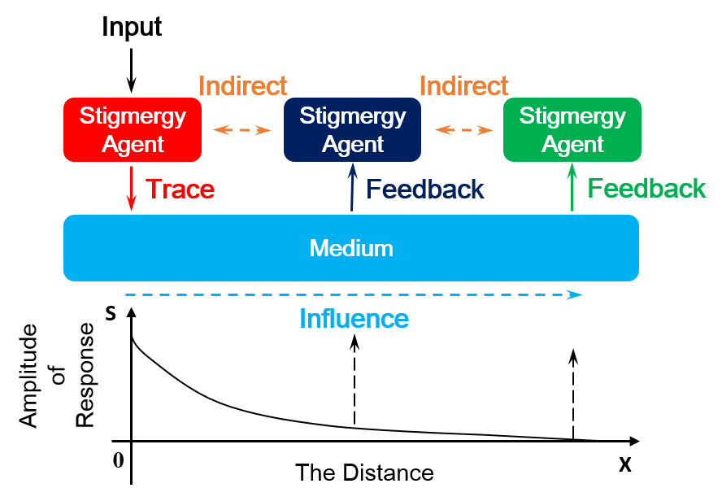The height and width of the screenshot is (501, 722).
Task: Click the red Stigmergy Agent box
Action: [x=133, y=129]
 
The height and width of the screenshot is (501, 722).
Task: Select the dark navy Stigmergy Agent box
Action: [x=352, y=129]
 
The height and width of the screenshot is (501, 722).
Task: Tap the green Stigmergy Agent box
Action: [x=572, y=129]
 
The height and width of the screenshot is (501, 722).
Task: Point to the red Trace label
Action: [x=180, y=190]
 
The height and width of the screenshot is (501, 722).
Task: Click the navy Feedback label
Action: [x=425, y=190]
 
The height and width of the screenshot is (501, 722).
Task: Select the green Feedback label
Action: [x=646, y=190]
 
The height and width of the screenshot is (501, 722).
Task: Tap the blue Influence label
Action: [x=354, y=319]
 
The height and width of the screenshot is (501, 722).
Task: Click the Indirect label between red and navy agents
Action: [x=242, y=85]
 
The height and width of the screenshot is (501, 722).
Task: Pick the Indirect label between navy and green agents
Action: [x=463, y=85]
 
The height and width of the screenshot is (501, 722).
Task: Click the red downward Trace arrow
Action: [x=132, y=189]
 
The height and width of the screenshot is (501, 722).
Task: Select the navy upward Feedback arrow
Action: [x=352, y=187]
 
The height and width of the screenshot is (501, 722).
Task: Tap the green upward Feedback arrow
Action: [x=572, y=187]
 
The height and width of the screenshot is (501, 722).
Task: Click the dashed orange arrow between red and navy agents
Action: [x=241, y=130]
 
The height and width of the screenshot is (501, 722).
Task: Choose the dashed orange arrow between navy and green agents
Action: [x=463, y=130]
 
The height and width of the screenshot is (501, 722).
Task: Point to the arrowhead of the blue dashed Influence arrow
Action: [x=575, y=294]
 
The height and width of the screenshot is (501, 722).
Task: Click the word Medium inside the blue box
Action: [x=351, y=248]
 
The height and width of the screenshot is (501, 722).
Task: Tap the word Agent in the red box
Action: [x=133, y=145]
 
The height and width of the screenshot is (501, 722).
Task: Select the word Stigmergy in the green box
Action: [x=572, y=116]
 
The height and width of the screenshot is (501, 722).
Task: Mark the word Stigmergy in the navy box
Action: [x=352, y=116]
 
